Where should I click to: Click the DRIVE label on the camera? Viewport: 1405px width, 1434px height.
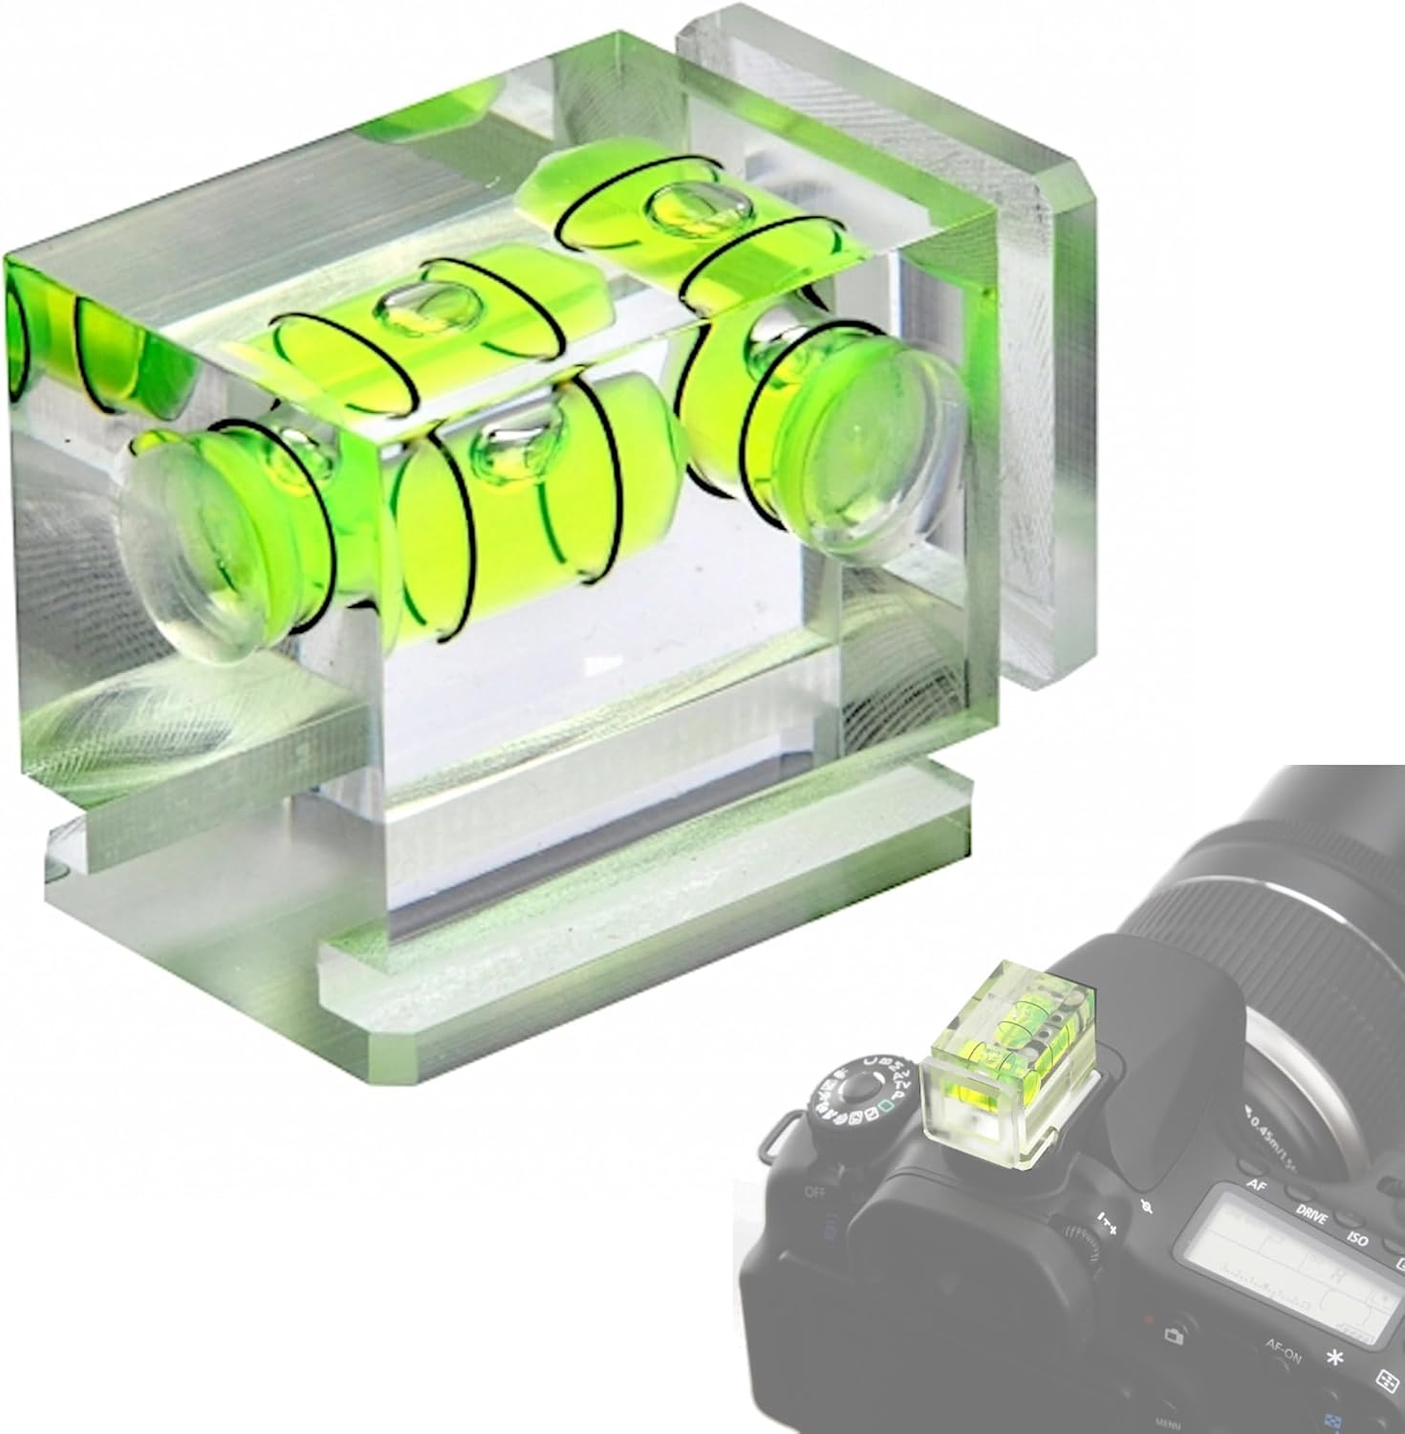tap(1310, 1218)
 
